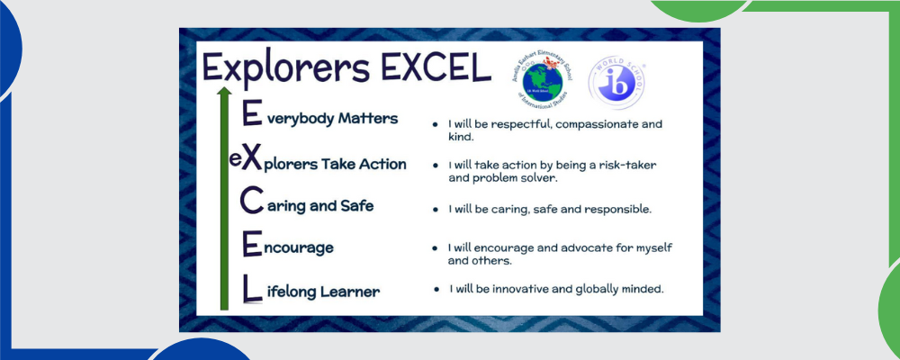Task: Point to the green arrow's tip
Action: [224, 90]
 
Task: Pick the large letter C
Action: [252, 202]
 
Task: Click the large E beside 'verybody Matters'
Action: [252, 115]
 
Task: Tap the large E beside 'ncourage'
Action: [252, 245]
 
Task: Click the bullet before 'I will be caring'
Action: [436, 209]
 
